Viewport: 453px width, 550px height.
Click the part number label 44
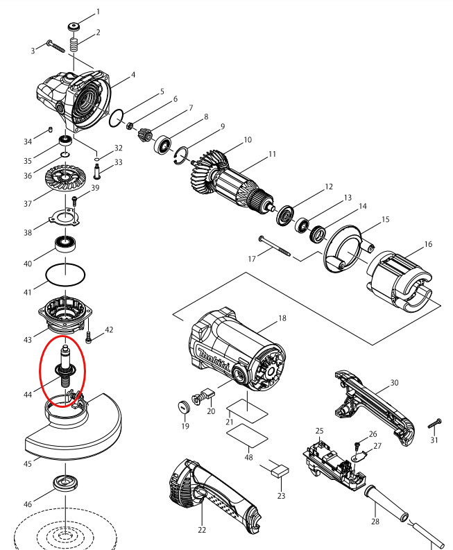click(x=28, y=394)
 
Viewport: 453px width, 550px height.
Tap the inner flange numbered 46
click(x=65, y=483)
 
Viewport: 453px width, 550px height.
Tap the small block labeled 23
click(x=280, y=470)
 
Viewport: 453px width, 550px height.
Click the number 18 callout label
click(x=282, y=318)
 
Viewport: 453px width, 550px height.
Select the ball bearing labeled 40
click(x=65, y=244)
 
